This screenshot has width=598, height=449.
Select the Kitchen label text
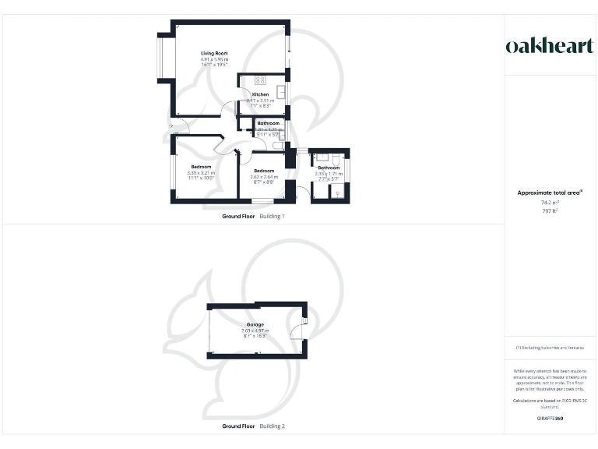pyautogui.click(x=259, y=95)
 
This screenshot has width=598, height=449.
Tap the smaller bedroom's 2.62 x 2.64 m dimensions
pyautogui.click(x=263, y=177)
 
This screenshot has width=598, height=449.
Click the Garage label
pyautogui.click(x=255, y=324)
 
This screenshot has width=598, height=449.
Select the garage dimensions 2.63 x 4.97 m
pyautogui.click(x=255, y=331)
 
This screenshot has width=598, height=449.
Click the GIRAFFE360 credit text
pyautogui.click(x=550, y=419)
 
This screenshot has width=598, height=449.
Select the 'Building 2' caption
pyautogui.click(x=272, y=426)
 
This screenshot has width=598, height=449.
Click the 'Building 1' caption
pyautogui.click(x=272, y=216)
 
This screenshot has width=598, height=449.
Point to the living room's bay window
pyautogui.click(x=161, y=58)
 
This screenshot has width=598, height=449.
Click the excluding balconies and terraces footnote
pyautogui.click(x=550, y=347)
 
